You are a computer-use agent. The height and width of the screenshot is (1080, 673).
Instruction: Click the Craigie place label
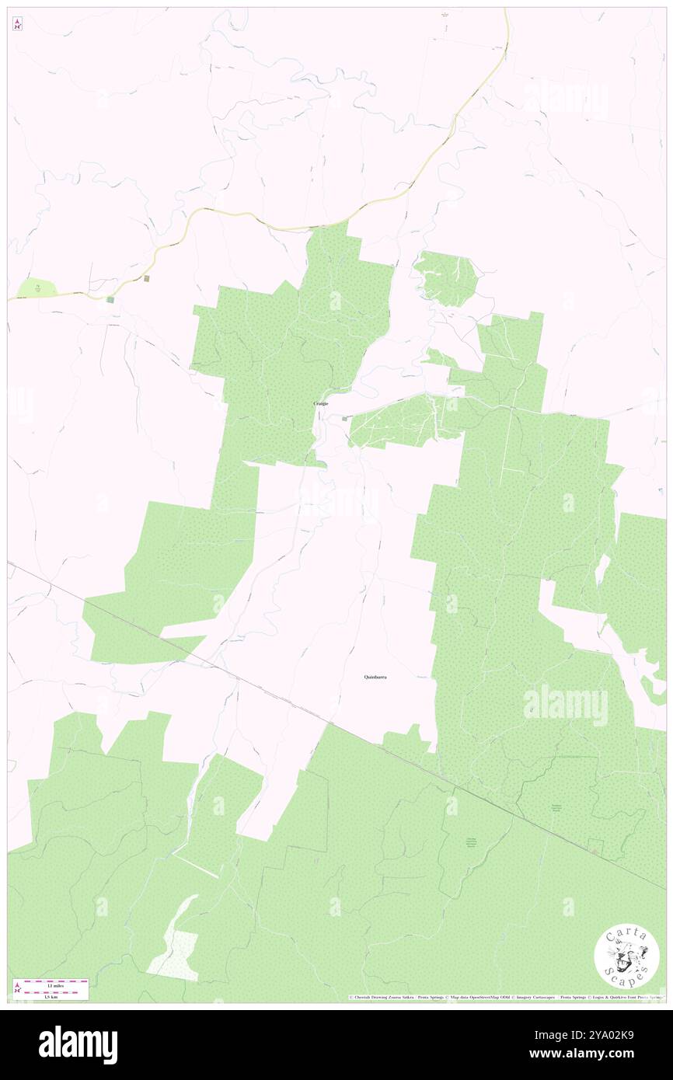tap(320, 403)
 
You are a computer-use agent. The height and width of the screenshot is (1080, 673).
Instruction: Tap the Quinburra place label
tap(375, 678)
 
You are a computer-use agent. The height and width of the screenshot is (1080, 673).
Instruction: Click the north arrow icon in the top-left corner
tap(17, 25)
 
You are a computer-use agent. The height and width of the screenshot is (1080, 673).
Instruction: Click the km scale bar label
tap(54, 995)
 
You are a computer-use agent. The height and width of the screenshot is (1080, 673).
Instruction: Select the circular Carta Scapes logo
tap(626, 958)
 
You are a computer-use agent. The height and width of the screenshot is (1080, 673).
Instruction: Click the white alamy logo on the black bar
tap(78, 1044)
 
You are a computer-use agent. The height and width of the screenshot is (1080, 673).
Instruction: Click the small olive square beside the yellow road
tap(147, 278)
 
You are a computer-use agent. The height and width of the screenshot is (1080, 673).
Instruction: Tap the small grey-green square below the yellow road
tap(110, 299)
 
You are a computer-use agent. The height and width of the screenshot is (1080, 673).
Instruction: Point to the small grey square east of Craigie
tap(344, 418)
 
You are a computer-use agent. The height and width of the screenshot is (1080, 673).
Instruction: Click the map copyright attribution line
tap(505, 997)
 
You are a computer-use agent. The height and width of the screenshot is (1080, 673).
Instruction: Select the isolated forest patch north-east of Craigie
tap(447, 277)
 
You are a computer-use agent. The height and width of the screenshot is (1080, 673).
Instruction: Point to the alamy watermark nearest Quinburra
tap(565, 705)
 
